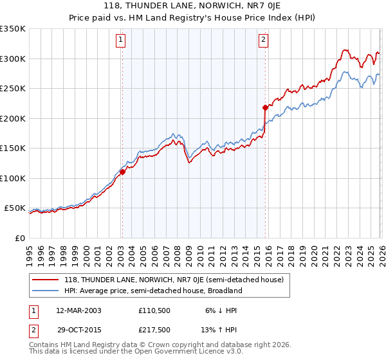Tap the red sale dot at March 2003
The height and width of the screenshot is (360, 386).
coord(122,172)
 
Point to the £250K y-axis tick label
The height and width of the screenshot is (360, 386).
coord(13,89)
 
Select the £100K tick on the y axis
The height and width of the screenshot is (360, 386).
coord(13,178)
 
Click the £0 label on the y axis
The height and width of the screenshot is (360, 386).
coord(19,238)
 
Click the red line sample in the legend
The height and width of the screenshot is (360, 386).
coord(46,280)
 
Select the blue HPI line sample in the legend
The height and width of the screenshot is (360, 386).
coord(46,291)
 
